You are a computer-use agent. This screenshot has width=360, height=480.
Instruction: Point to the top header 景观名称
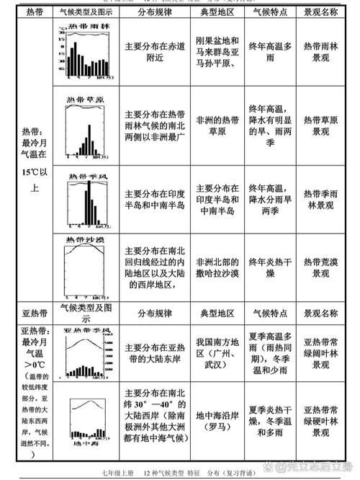point(321,13)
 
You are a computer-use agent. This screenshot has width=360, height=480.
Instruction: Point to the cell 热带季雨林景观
point(321,200)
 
